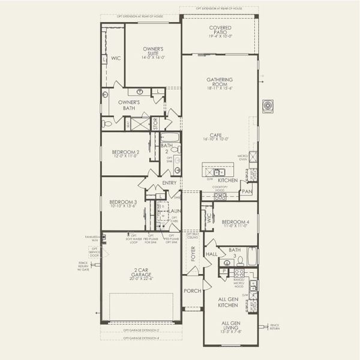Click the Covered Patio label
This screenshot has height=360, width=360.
click(x=220, y=31)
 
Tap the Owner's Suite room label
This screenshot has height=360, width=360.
click(x=154, y=53)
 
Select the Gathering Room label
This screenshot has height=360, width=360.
click(x=220, y=83)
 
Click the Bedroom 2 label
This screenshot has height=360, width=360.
click(x=125, y=154)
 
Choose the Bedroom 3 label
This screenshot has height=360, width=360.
click(x=122, y=204)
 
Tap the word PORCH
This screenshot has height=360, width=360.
click(x=192, y=292)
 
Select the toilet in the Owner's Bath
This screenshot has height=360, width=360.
click(x=106, y=123)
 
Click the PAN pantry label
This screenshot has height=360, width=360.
click(x=246, y=192)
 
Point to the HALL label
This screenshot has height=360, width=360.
click(x=212, y=254)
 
